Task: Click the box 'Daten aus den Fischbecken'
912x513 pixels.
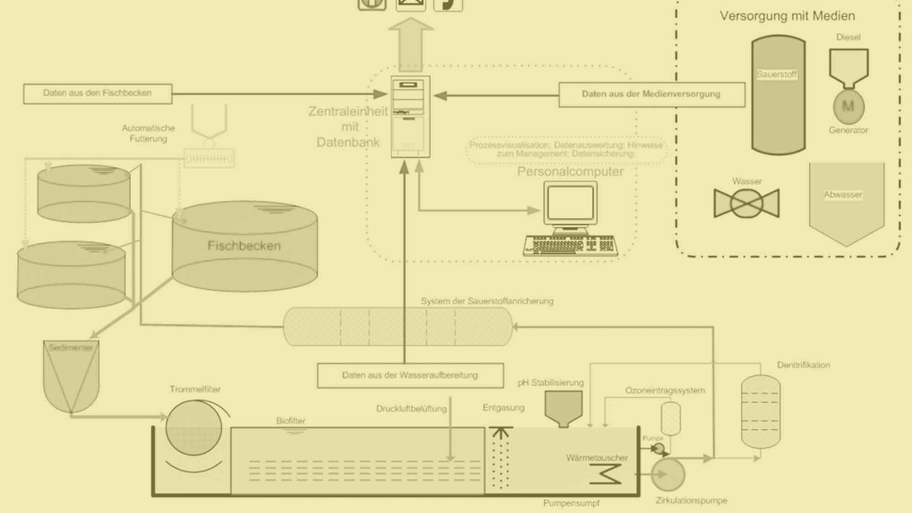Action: coord(98,93)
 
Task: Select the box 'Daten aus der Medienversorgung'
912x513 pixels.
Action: coord(651,94)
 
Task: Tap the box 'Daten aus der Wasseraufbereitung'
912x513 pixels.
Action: coord(410,375)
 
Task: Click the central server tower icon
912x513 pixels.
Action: coord(410,117)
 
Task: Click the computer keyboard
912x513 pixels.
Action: coord(570,245)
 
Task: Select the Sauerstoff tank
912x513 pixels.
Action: coord(778,95)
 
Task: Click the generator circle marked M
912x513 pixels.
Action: coord(848,107)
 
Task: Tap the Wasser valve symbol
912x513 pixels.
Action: coord(746,203)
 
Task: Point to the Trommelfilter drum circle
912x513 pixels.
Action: coord(194,428)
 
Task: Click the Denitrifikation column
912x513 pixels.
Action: coord(760,411)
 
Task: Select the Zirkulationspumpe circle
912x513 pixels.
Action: coord(668,475)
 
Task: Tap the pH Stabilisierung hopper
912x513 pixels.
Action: coord(564,408)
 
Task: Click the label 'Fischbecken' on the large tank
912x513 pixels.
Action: coord(244,246)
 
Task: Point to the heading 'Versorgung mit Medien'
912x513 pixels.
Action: coord(787,16)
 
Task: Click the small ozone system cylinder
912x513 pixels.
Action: coord(670,418)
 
